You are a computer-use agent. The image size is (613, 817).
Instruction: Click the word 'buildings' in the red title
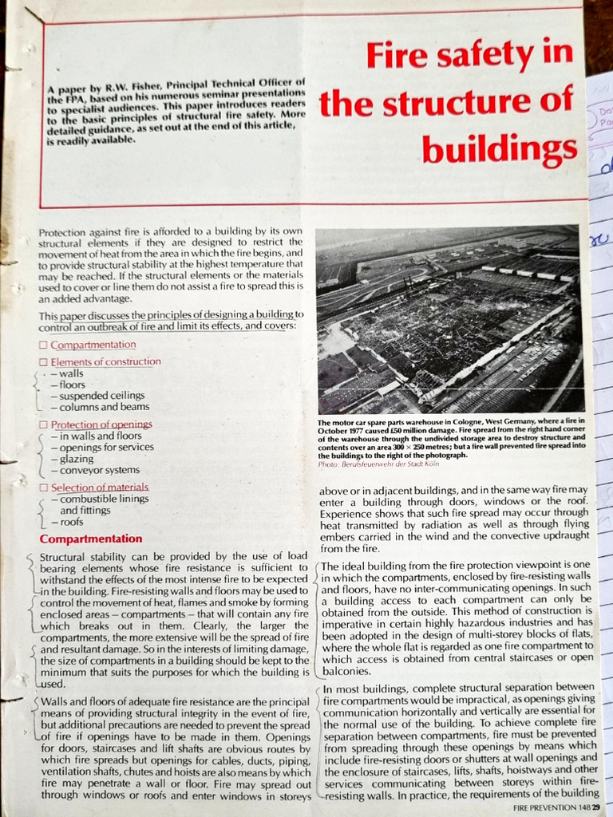point(499,148)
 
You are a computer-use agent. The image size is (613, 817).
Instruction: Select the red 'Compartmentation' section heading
point(91,539)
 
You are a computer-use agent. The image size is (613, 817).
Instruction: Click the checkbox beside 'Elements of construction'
point(44,362)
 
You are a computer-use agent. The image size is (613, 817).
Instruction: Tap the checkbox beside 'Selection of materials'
point(44,487)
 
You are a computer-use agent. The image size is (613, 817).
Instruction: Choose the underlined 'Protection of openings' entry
point(101,424)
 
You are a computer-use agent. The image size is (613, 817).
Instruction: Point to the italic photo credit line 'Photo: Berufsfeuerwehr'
point(374,464)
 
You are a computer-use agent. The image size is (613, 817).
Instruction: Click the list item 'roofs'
point(74,522)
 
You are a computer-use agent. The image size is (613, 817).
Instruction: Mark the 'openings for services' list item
point(102,447)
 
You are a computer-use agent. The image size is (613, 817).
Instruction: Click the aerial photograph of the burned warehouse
point(449,319)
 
